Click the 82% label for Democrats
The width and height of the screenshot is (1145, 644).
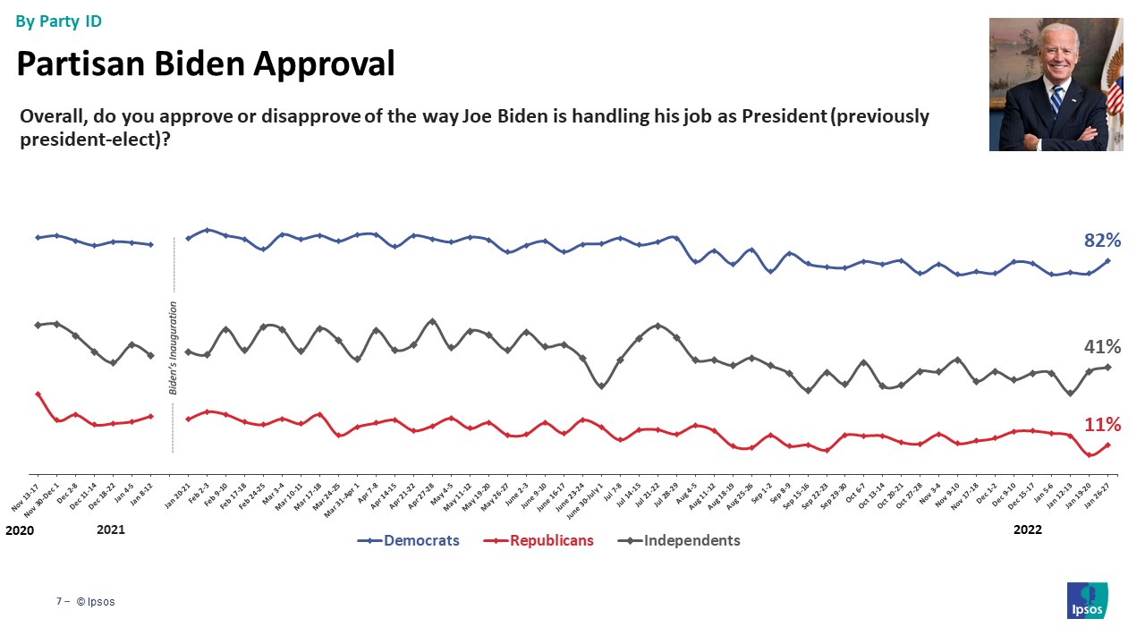(x=1102, y=240)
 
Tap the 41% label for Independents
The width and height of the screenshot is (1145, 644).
(x=1102, y=346)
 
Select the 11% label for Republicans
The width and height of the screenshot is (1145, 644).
(x=1102, y=424)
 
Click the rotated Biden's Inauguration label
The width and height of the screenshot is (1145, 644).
(x=174, y=348)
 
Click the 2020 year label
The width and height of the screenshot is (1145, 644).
(x=19, y=530)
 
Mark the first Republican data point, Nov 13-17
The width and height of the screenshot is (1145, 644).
(x=38, y=394)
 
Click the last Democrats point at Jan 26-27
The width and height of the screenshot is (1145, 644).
(x=1107, y=261)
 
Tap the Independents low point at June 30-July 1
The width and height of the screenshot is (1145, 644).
(x=601, y=386)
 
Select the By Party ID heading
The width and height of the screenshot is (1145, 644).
(x=59, y=20)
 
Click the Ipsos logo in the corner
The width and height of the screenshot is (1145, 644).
(x=1087, y=600)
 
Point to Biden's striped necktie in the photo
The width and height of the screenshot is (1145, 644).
(x=1056, y=99)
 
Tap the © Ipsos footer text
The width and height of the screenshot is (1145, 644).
(x=96, y=602)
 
